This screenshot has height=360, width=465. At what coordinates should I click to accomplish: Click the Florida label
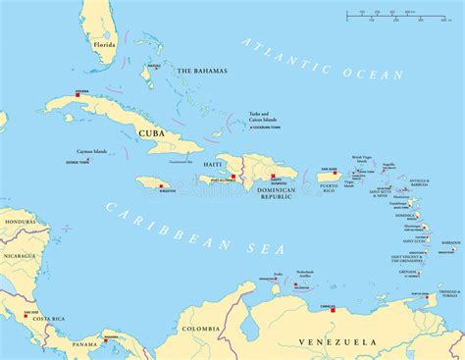click(104, 45)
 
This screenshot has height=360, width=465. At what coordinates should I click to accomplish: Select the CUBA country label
click(150, 133)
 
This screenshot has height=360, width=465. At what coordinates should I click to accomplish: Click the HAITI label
click(212, 163)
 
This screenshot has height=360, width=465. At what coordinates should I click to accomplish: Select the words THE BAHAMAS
click(201, 71)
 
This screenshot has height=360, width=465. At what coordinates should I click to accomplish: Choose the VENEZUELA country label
click(337, 341)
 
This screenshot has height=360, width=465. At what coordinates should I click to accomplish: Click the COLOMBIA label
click(201, 329)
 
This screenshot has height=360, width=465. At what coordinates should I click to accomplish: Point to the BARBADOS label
click(450, 242)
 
